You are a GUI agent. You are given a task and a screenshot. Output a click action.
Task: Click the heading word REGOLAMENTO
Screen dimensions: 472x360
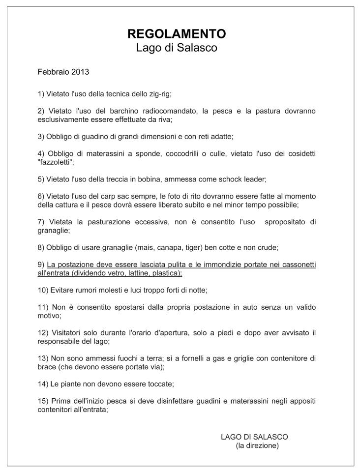pyautogui.click(x=177, y=33)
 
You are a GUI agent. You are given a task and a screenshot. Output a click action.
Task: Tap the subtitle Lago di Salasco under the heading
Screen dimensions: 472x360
pyautogui.click(x=177, y=48)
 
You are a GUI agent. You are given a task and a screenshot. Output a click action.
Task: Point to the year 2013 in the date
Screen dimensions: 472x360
pyautogui.click(x=80, y=72)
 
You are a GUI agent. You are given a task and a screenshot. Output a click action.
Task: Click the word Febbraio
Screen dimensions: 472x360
pyautogui.click(x=53, y=72)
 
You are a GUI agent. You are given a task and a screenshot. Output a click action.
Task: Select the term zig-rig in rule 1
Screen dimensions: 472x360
pyautogui.click(x=158, y=93)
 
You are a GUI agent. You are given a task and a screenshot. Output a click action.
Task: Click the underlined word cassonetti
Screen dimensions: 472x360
pyautogui.click(x=297, y=265)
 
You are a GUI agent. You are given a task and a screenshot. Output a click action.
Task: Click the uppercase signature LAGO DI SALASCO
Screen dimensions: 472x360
pyautogui.click(x=254, y=437)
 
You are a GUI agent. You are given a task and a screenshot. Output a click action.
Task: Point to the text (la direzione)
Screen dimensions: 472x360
pyautogui.click(x=257, y=445)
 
